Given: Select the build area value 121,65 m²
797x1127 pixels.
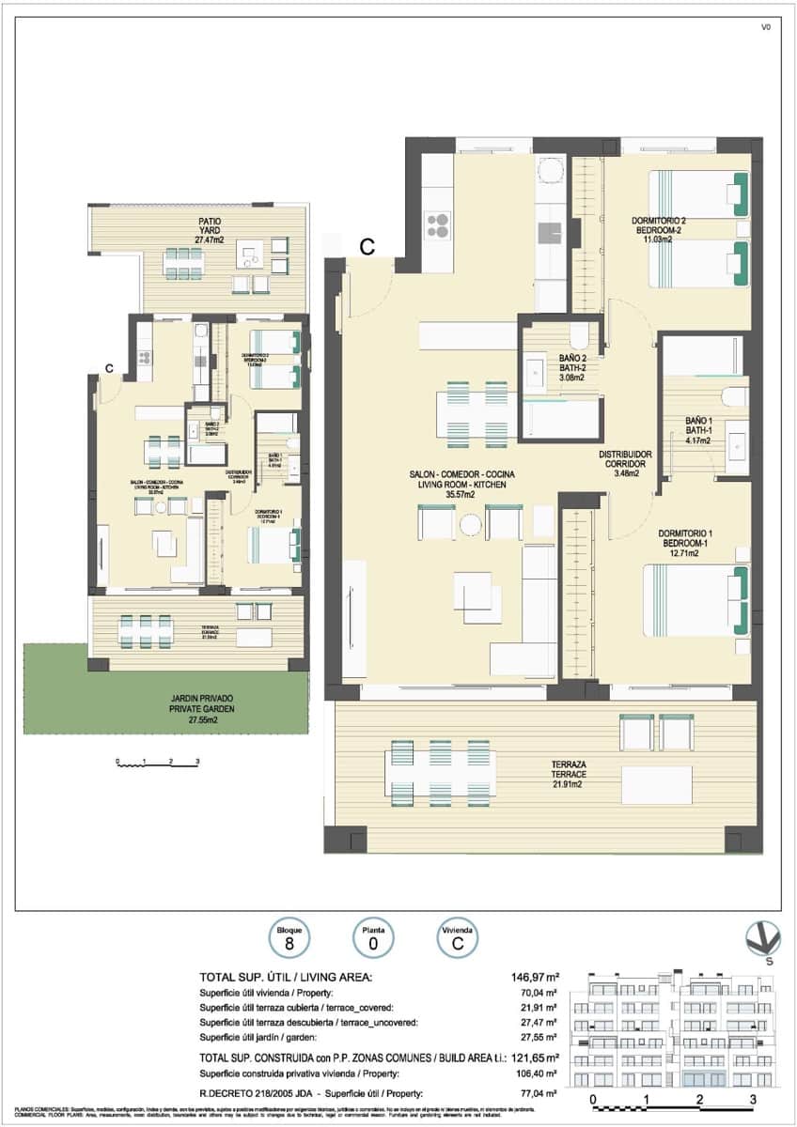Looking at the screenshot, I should [x=535, y=1055].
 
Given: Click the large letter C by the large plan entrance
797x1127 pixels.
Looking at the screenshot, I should [x=367, y=247].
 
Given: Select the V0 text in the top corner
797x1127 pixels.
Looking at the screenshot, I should [x=766, y=27].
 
